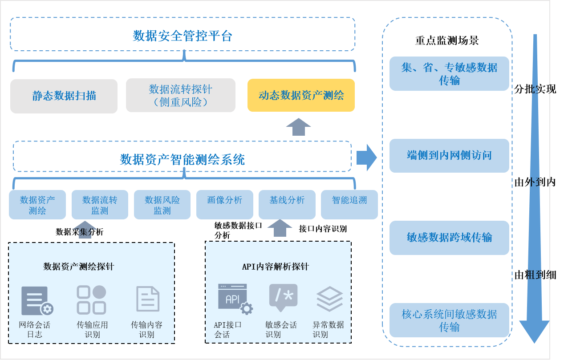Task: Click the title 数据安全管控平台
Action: (183, 36)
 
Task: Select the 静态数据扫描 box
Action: (64, 96)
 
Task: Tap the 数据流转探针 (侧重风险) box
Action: (180, 95)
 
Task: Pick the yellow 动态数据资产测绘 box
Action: (301, 95)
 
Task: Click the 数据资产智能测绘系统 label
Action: (182, 159)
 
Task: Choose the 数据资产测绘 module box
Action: (37, 205)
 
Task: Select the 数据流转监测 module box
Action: (100, 205)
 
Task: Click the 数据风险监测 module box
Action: (162, 205)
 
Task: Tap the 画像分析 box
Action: (224, 205)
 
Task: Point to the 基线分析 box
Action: (287, 205)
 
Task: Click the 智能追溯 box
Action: (349, 205)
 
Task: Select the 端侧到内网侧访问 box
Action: (449, 155)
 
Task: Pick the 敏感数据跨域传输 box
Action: (449, 238)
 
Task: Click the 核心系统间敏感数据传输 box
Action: (449, 320)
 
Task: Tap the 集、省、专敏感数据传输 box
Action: (449, 74)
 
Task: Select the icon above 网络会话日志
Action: (37, 300)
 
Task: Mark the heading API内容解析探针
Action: (275, 267)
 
